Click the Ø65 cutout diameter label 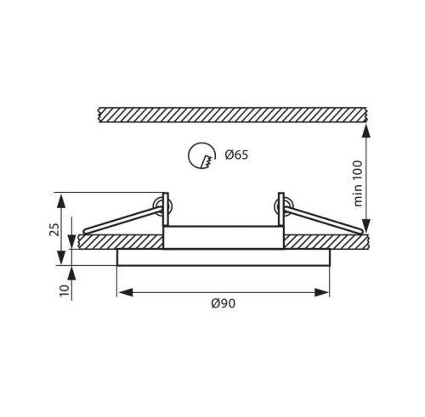pyautogui.click(x=236, y=155)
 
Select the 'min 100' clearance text pyautogui.click(x=358, y=183)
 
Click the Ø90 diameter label pyautogui.click(x=224, y=303)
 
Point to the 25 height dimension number pyautogui.click(x=54, y=229)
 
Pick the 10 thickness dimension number pyautogui.click(x=65, y=290)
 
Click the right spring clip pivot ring pyautogui.click(x=284, y=206)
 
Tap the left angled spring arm pyautogui.click(x=122, y=220)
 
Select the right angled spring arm pyautogui.click(x=324, y=220)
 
